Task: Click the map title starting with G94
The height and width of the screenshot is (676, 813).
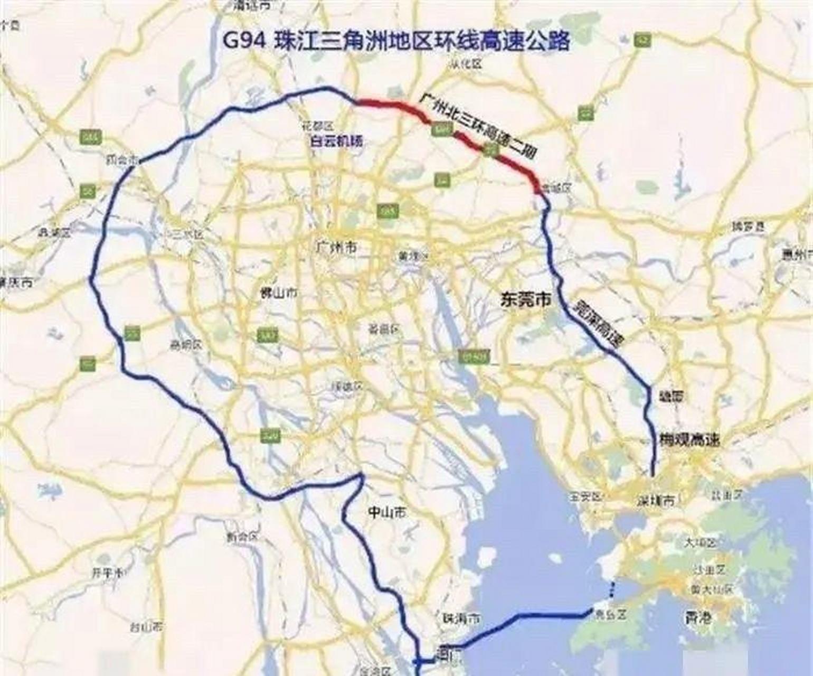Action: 395,41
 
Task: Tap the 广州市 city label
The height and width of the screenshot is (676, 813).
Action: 336,247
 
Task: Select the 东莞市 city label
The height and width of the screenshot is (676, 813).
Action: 525,300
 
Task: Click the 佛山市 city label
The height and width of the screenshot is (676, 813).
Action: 279,293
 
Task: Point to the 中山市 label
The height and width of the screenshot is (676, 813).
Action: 387,512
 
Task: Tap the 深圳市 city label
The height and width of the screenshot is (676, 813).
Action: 656,500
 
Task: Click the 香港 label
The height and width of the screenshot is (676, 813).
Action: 698,617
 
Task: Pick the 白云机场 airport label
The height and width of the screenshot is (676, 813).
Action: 336,142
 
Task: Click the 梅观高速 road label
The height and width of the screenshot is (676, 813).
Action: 689,439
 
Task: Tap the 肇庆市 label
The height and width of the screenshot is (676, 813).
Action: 16,282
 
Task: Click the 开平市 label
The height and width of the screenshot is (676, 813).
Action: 108,572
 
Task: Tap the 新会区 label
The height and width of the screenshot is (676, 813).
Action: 242,537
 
